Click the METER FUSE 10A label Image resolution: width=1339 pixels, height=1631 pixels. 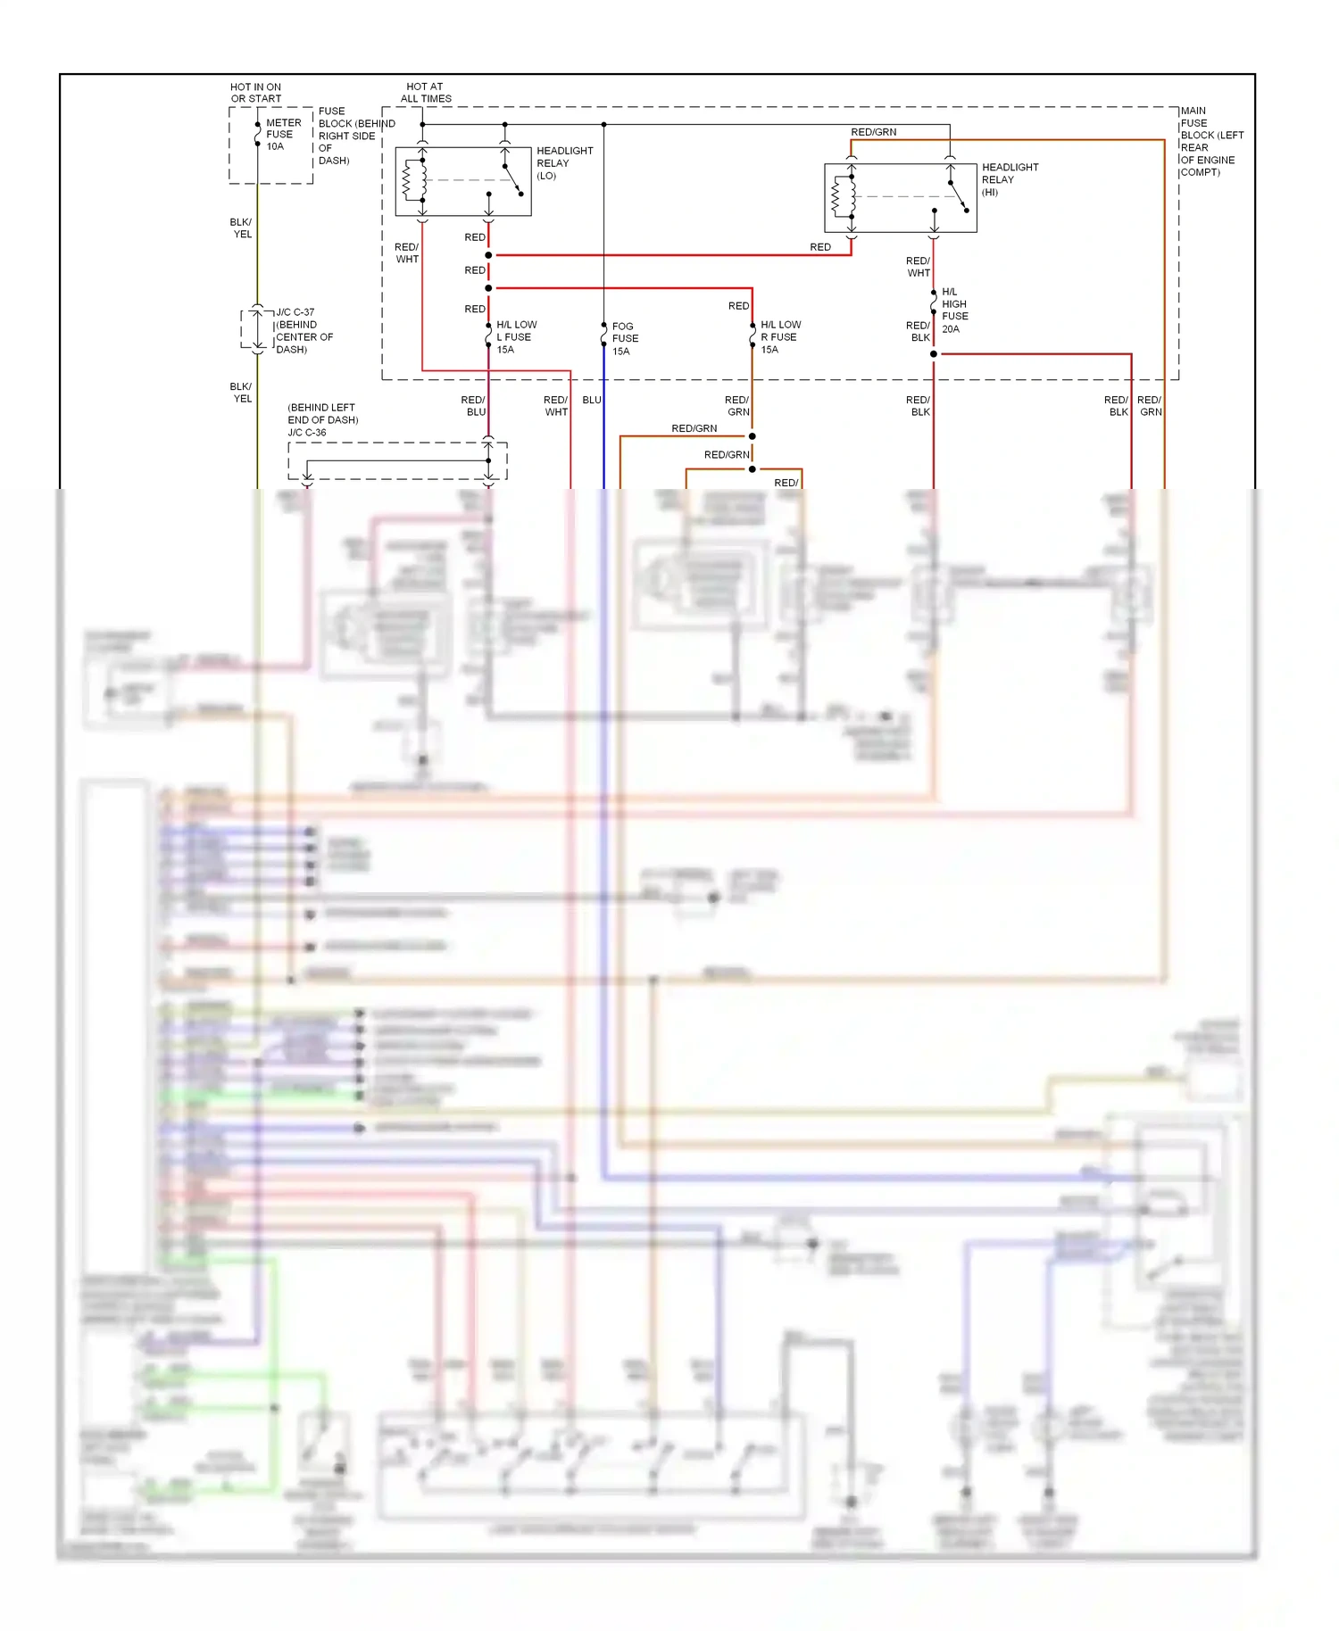point(282,135)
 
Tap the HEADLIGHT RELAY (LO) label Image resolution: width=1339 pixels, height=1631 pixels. point(563,163)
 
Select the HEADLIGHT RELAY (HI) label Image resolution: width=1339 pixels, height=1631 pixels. point(1009,179)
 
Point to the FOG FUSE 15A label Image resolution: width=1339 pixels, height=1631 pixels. point(624,339)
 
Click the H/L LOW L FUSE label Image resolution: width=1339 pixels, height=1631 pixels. point(515,337)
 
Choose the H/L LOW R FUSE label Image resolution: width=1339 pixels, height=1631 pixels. point(779,337)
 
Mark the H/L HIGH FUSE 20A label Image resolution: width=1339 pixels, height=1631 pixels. point(953,310)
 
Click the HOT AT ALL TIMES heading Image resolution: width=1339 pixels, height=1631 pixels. point(426,93)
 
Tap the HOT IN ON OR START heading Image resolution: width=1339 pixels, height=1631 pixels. point(255,93)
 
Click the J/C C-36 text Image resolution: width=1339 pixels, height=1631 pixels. point(307,433)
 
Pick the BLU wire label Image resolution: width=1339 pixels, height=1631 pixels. point(591,400)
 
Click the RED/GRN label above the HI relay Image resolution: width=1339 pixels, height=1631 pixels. point(873,132)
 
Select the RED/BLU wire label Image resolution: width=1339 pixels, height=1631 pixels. point(474,406)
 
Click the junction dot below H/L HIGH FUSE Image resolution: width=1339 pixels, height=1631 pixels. point(934,354)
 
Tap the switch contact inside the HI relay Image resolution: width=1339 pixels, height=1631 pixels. point(958,196)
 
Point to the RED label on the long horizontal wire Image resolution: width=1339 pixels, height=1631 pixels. point(819,247)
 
